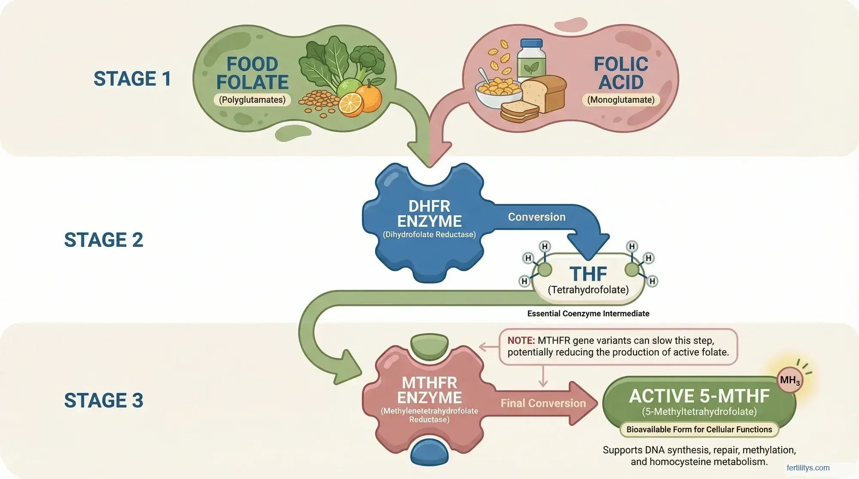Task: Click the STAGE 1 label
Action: (x=132, y=79)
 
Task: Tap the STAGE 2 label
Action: (x=104, y=240)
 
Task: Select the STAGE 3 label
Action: (x=104, y=400)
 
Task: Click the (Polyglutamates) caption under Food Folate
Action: (x=252, y=100)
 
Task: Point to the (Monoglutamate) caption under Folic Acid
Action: (x=621, y=100)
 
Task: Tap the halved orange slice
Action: (x=350, y=105)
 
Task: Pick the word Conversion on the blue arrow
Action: (x=536, y=217)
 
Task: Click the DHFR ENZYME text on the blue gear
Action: (x=429, y=214)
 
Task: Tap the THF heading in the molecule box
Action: (x=588, y=274)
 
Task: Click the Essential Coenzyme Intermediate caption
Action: (x=588, y=314)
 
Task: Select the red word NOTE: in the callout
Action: (x=521, y=341)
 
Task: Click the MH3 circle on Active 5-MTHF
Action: (x=790, y=380)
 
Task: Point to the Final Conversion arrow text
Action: (x=543, y=403)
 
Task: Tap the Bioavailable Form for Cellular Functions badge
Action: (x=699, y=430)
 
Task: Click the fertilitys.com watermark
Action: (x=808, y=468)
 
